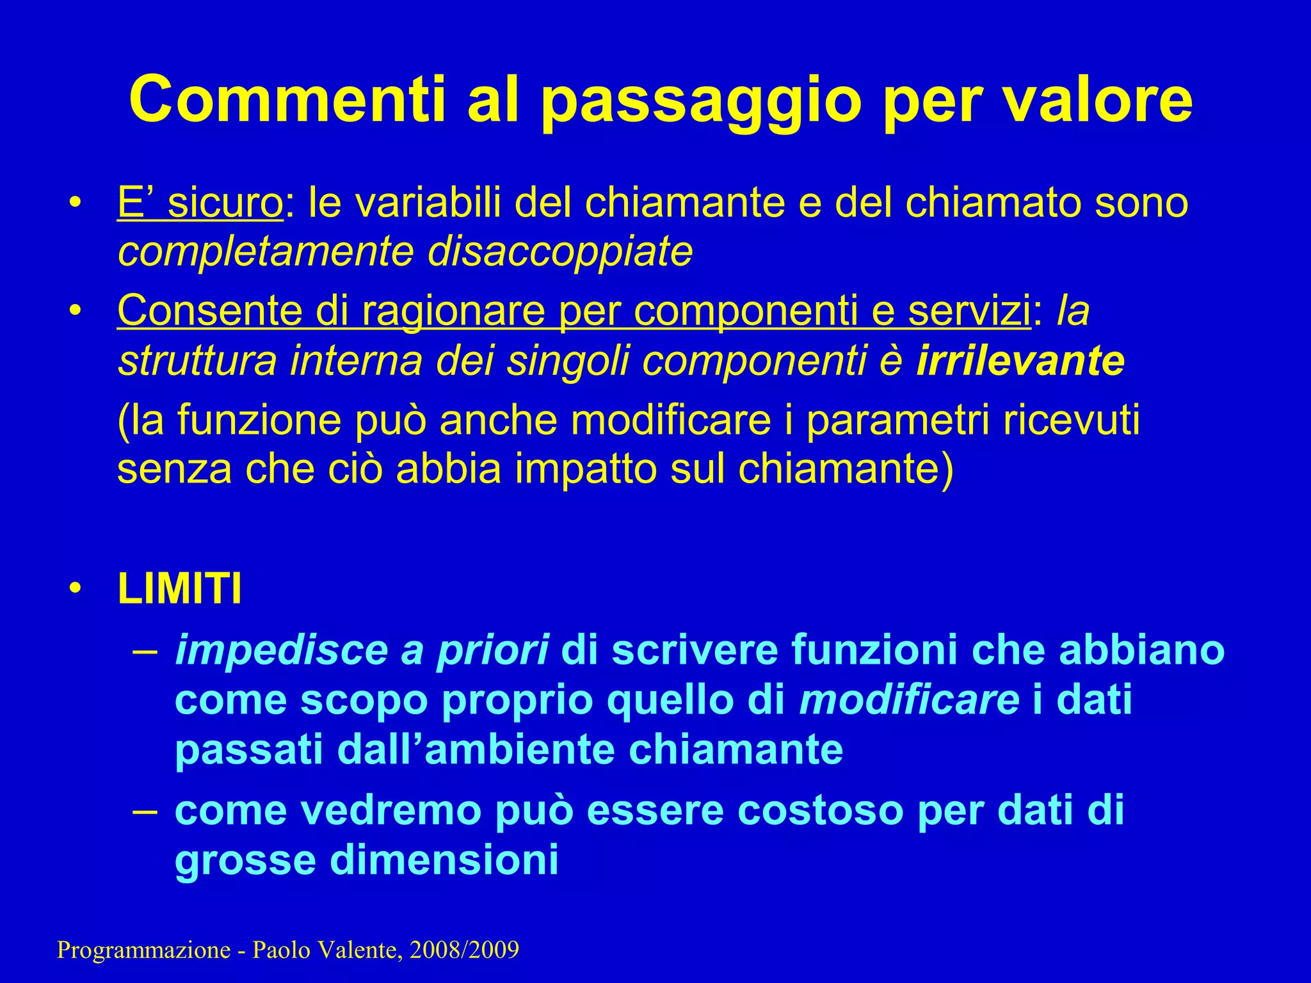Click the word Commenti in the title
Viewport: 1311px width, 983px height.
[x=287, y=99]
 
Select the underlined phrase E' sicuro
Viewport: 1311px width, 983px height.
[x=200, y=203]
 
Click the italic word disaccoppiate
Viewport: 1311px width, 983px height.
[x=560, y=252]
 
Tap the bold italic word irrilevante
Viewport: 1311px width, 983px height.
[x=1020, y=360]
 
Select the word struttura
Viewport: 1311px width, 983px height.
[x=197, y=360]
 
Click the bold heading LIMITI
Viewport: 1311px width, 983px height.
[x=180, y=589]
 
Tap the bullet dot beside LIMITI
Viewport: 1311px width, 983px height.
[x=76, y=589]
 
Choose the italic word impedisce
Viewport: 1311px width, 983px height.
[x=282, y=650]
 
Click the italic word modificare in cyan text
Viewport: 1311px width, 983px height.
[x=909, y=699]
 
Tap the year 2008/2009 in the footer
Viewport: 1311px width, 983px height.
[x=464, y=950]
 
